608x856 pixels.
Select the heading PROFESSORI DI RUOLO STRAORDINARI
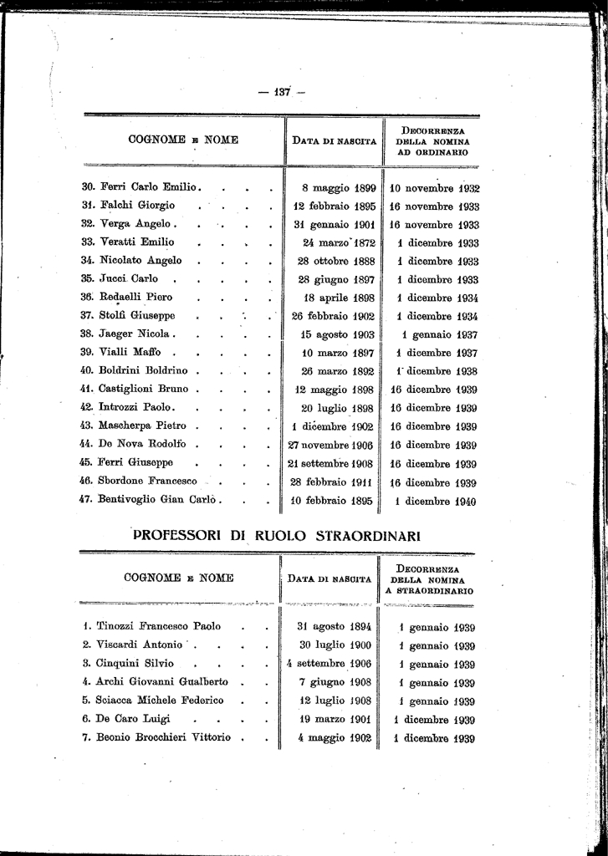click(x=276, y=535)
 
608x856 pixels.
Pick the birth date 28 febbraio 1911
click(x=332, y=482)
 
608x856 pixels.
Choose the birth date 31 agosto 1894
click(x=335, y=627)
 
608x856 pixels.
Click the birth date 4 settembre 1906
click(x=329, y=665)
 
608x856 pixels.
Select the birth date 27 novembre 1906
click(x=330, y=446)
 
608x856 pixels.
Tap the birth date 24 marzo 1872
click(x=339, y=243)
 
